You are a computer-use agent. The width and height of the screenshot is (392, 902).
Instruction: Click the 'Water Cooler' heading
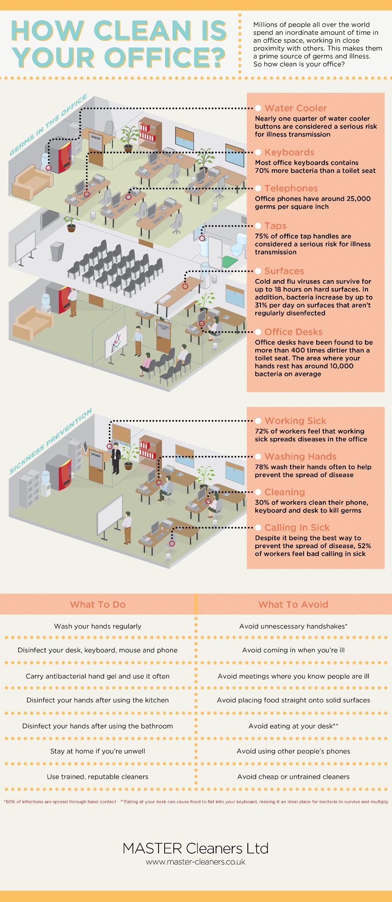295,108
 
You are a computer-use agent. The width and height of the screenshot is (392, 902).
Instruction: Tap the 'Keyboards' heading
289,152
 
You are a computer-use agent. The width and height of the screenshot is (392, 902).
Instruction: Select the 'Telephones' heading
291,188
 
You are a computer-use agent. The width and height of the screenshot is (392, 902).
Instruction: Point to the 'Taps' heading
275,226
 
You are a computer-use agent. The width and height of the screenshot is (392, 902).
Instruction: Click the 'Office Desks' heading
293,332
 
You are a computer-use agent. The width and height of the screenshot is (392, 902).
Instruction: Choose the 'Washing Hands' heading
300,457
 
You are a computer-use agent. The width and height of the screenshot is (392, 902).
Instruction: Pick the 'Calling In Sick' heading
297,528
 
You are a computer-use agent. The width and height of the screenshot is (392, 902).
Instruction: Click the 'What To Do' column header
98,604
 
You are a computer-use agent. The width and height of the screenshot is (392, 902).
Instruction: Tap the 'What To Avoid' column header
293,604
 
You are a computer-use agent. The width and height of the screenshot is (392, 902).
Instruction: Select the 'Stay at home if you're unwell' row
98,751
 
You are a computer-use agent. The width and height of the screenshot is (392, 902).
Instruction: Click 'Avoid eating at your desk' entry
293,726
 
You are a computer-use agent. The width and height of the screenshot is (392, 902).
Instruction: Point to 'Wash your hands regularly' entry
98,626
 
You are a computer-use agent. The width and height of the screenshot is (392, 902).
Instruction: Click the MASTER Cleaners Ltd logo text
196,848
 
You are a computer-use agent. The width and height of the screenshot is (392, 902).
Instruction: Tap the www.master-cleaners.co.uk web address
196,862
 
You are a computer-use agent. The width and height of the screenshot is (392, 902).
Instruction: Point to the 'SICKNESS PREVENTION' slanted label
51,441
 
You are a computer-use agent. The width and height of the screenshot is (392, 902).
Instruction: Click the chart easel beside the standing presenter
116,342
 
